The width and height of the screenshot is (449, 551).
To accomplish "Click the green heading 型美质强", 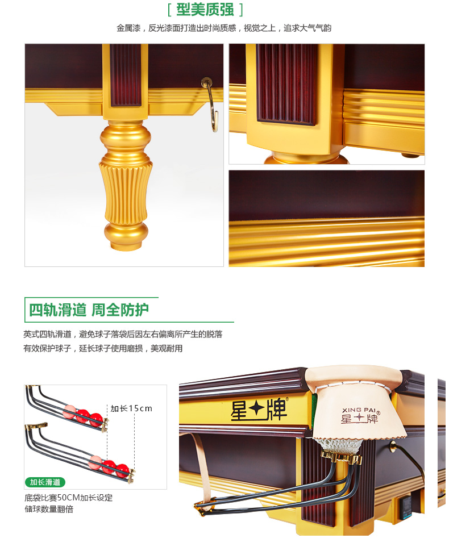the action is pyautogui.click(x=205, y=10).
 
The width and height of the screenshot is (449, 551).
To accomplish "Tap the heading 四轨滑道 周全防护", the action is pyautogui.click(x=89, y=310).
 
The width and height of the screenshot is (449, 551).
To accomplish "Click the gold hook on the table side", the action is pyautogui.click(x=211, y=105).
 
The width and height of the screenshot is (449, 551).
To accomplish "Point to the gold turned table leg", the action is pyautogui.click(x=126, y=185).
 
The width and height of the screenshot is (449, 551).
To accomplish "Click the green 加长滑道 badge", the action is pyautogui.click(x=45, y=482).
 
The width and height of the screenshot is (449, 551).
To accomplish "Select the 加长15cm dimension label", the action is pyautogui.click(x=131, y=408).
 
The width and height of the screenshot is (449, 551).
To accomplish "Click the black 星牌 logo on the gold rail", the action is pyautogui.click(x=259, y=410).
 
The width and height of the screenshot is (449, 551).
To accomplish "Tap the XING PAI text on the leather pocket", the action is pyautogui.click(x=359, y=410).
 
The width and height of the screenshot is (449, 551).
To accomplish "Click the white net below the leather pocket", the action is pyautogui.click(x=337, y=445).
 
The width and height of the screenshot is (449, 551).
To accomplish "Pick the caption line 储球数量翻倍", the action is pyautogui.click(x=49, y=509).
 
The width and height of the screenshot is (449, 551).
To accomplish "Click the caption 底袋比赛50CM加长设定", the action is pyautogui.click(x=69, y=497).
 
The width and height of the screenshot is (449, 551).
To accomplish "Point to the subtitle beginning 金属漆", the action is pyautogui.click(x=224, y=28).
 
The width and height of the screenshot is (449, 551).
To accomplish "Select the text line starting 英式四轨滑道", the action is pyautogui.click(x=123, y=334).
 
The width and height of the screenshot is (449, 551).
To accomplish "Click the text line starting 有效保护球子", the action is pyautogui.click(x=103, y=348).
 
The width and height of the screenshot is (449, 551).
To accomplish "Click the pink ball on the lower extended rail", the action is pyautogui.click(x=95, y=462).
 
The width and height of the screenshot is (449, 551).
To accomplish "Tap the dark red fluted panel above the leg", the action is pyautogui.click(x=125, y=75).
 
